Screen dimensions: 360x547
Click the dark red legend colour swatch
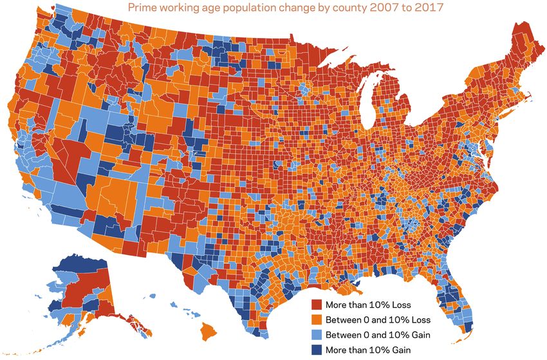[x=317, y=304]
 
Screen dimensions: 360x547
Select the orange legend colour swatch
[x=317, y=319]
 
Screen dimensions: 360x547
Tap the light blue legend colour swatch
[x=317, y=335]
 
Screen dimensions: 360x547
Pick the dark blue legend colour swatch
[x=317, y=350]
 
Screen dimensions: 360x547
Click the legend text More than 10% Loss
[x=368, y=304]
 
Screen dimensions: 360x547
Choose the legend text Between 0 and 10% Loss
[x=378, y=319]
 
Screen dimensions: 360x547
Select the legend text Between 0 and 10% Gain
[x=378, y=335]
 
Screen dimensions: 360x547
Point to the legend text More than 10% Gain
[x=368, y=350]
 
